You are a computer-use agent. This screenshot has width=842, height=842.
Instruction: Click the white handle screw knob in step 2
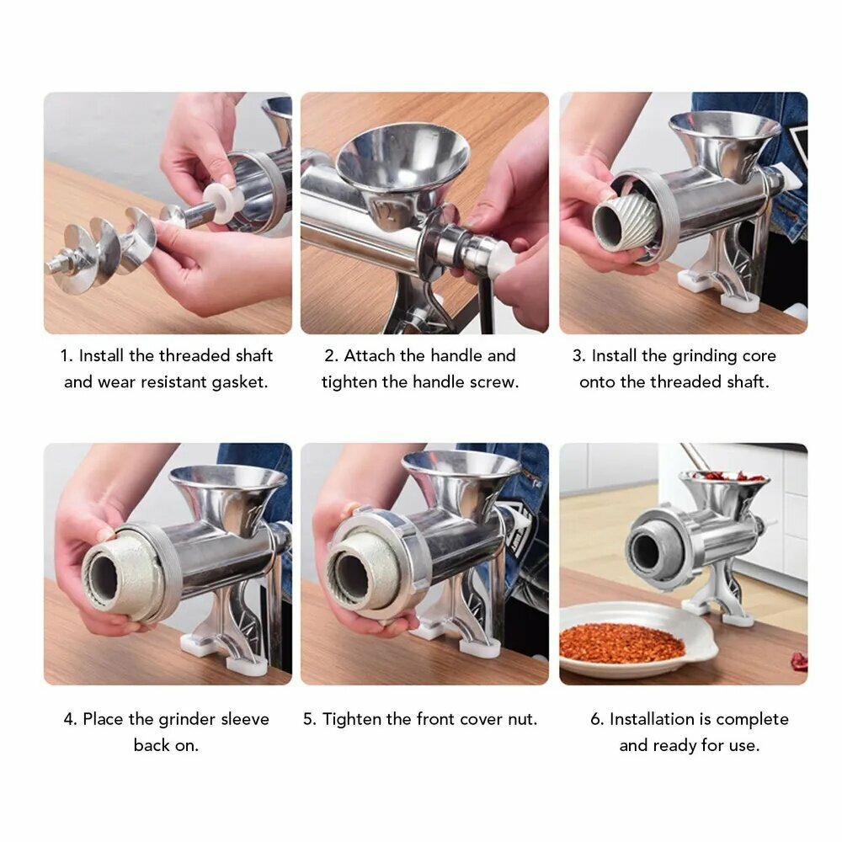pyautogui.click(x=502, y=258)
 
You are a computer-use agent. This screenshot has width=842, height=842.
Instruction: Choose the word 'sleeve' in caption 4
pyautogui.click(x=245, y=719)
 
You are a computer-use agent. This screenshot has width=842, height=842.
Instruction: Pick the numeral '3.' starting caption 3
pyautogui.click(x=578, y=356)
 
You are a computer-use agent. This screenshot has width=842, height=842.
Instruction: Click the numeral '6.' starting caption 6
pyautogui.click(x=597, y=719)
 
